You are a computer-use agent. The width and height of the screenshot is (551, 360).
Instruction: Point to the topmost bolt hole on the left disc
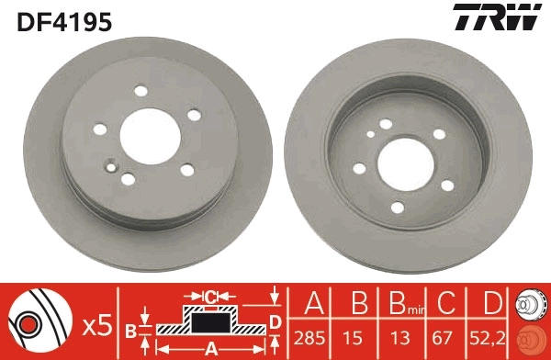click(141, 91)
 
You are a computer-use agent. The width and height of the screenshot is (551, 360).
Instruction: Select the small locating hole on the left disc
click(111, 167)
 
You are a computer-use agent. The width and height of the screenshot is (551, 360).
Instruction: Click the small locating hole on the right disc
click(370, 133)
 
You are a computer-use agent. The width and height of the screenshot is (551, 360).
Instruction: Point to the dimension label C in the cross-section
click(210, 296)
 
